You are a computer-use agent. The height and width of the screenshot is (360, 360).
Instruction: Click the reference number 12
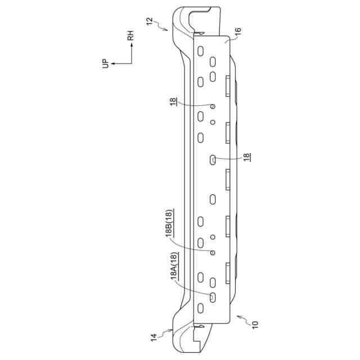click(x=150, y=21)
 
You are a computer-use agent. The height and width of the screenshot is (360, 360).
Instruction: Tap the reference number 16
click(x=238, y=31)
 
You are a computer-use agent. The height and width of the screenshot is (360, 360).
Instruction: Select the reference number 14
click(x=154, y=337)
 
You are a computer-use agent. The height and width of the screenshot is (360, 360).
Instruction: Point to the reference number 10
click(x=255, y=325)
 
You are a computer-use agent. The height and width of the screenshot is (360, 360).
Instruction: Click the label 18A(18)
click(x=174, y=266)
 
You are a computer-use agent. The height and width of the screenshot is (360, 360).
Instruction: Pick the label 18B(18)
click(x=169, y=223)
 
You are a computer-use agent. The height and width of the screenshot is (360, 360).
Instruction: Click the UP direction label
click(x=105, y=64)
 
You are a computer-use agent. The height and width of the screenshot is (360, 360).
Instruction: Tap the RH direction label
click(x=130, y=35)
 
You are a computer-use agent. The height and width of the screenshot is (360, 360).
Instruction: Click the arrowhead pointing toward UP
click(x=113, y=64)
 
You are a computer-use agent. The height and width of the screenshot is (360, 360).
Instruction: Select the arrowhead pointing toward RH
click(x=132, y=45)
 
